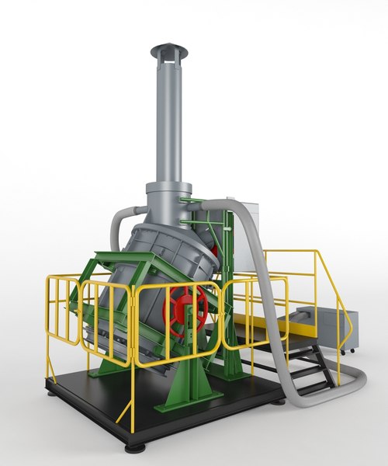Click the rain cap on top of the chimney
[x=168, y=51]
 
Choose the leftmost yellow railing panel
[x=62, y=311]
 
